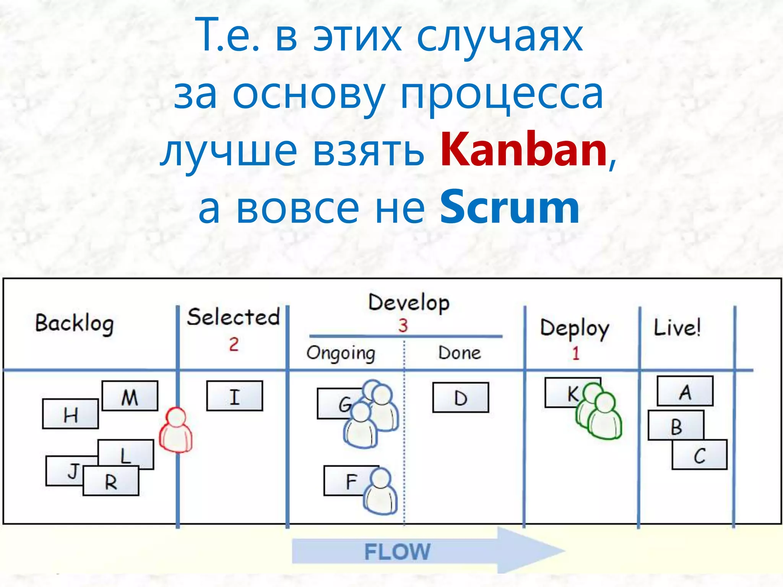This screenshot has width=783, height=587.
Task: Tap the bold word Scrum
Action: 510,208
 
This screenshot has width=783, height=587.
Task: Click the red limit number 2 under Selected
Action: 234,344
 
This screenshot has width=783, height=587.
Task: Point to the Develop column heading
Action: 409,303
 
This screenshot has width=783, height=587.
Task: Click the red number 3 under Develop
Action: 403,326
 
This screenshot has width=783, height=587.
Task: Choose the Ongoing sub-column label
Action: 341,353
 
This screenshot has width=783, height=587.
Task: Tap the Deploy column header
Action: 574,329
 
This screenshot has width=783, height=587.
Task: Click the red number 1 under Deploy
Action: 575,353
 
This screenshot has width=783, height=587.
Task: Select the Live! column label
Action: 677,328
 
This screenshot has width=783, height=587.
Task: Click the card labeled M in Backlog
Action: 130,396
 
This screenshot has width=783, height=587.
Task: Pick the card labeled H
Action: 70,414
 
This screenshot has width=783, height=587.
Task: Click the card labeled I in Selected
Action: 235,396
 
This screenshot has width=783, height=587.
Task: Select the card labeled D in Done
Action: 461,397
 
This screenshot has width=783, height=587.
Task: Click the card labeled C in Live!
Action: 700,455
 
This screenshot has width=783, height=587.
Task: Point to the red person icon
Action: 176,431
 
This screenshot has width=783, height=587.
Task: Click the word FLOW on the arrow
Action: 398,552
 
